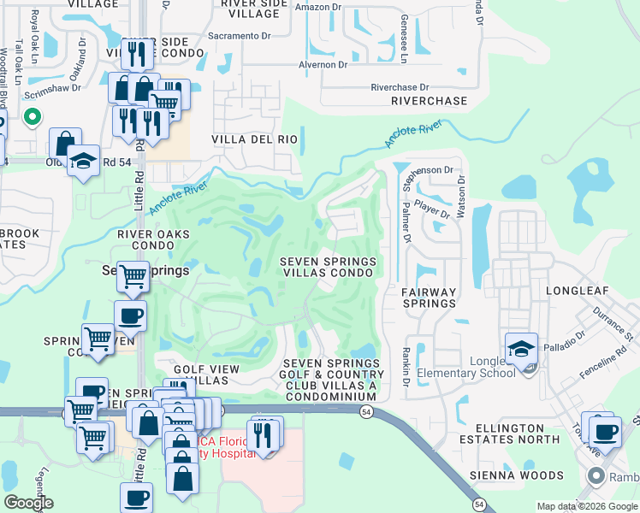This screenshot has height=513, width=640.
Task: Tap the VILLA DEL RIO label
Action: (254, 139)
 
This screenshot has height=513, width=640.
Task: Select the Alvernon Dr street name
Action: (323, 64)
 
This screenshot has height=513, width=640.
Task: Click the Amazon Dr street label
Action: (317, 7)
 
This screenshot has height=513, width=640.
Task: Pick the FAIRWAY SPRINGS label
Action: (429, 298)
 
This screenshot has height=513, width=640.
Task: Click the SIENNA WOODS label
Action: (516, 475)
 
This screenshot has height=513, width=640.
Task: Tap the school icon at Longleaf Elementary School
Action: (521, 349)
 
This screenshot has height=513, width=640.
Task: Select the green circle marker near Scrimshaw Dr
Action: (33, 117)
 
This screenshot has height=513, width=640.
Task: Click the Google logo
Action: (29, 503)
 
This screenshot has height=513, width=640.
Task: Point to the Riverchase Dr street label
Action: (399, 87)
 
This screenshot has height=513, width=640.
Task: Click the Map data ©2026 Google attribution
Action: (586, 506)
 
